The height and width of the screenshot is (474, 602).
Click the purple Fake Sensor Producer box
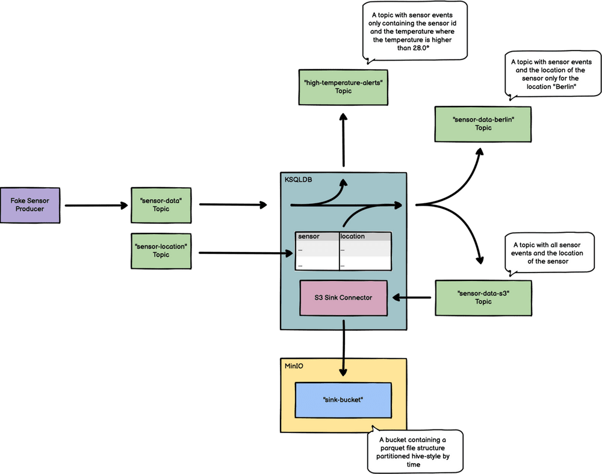click(x=31, y=204)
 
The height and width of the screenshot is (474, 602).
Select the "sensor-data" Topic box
click(x=161, y=204)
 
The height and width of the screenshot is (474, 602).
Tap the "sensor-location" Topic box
click(x=161, y=250)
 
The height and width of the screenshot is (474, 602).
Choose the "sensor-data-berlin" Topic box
click(x=483, y=123)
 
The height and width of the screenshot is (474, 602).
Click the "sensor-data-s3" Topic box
click(x=483, y=297)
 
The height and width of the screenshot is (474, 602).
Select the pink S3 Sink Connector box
click(x=343, y=297)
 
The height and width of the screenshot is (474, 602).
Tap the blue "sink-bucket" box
click(x=343, y=399)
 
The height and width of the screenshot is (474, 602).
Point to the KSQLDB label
click(x=299, y=180)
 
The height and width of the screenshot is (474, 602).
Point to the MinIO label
click(x=294, y=365)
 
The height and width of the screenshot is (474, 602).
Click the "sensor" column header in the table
click(x=309, y=236)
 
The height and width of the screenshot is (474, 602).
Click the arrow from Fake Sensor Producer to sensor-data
click(x=96, y=206)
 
